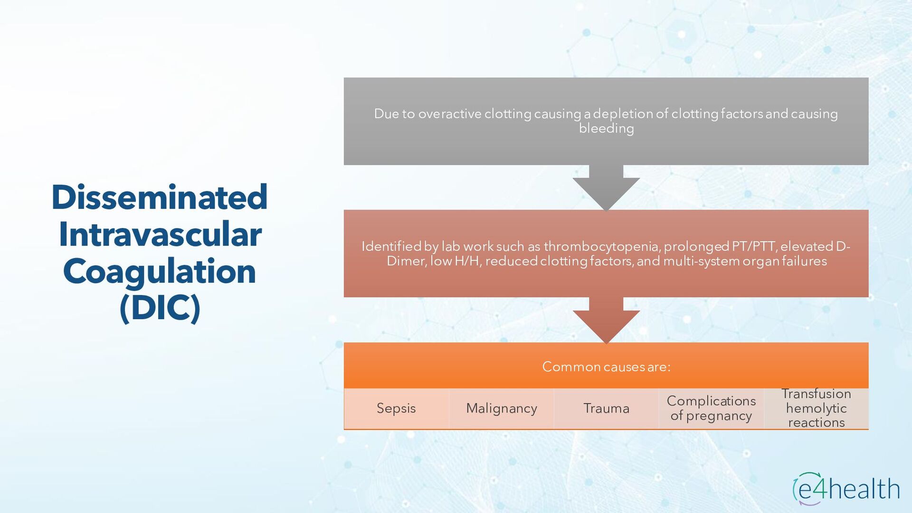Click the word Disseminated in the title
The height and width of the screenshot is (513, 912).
(160, 197)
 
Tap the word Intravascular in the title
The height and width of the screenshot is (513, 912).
(160, 234)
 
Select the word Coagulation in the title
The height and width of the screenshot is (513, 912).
(160, 271)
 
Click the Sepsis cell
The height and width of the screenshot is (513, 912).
(396, 408)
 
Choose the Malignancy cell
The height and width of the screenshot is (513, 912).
(502, 408)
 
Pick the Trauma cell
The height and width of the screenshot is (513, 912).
(606, 408)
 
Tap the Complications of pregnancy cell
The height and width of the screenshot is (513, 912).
(711, 408)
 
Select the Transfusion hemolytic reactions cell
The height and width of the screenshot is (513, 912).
(816, 408)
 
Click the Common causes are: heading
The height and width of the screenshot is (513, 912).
(606, 367)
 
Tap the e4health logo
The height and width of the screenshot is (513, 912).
(846, 489)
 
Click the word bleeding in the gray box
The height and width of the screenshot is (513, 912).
(606, 129)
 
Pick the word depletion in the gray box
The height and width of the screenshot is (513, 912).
(623, 114)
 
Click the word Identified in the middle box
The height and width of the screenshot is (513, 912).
(391, 247)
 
